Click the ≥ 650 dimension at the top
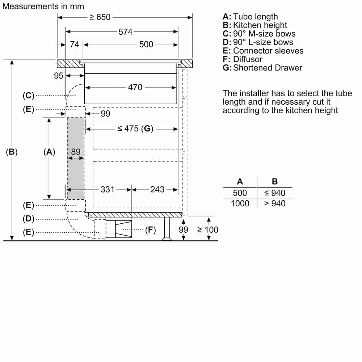pos(100,17)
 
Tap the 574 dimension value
pos(125,31)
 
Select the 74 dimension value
pos(74,44)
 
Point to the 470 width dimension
pos(135,87)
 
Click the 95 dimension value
pos(58,76)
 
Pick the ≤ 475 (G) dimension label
pos(135,129)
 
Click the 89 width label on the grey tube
pos(76,152)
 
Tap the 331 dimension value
pos(108,190)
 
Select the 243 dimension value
pos(157,190)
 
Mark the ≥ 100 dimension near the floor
pos(207,230)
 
